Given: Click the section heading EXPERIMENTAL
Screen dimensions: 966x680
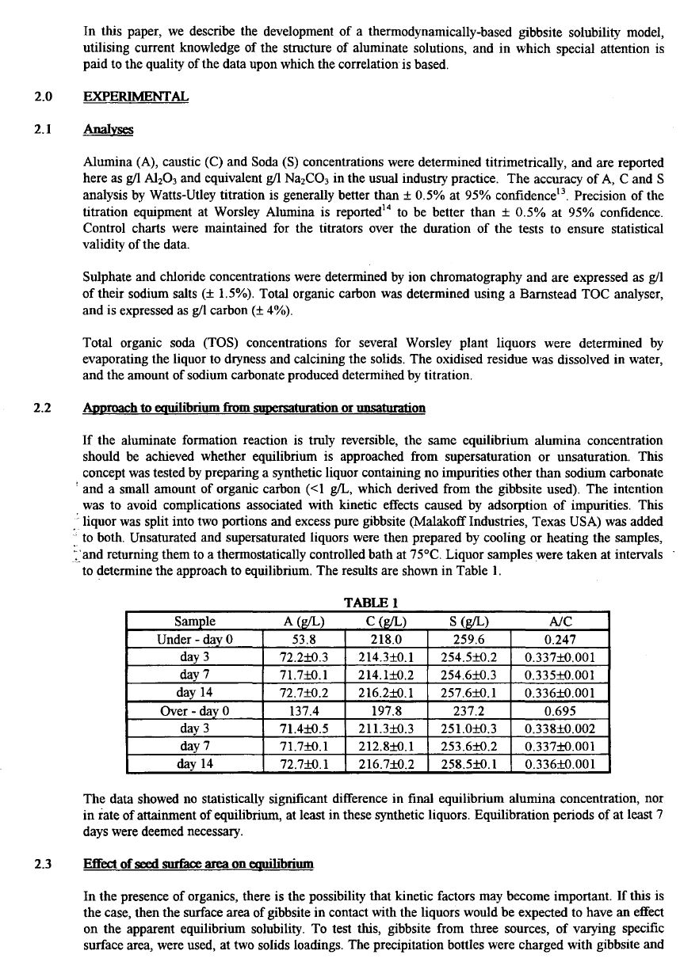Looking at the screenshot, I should [136, 97].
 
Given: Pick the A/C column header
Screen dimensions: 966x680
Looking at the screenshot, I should [560, 622].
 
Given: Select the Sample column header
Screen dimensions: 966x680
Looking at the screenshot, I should [194, 622].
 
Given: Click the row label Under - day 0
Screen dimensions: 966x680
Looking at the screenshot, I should [194, 640].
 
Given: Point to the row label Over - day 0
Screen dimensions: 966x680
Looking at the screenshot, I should [194, 711].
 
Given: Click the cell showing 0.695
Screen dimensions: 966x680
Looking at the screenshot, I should [560, 711].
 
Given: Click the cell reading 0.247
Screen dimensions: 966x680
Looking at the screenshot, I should [560, 640].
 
